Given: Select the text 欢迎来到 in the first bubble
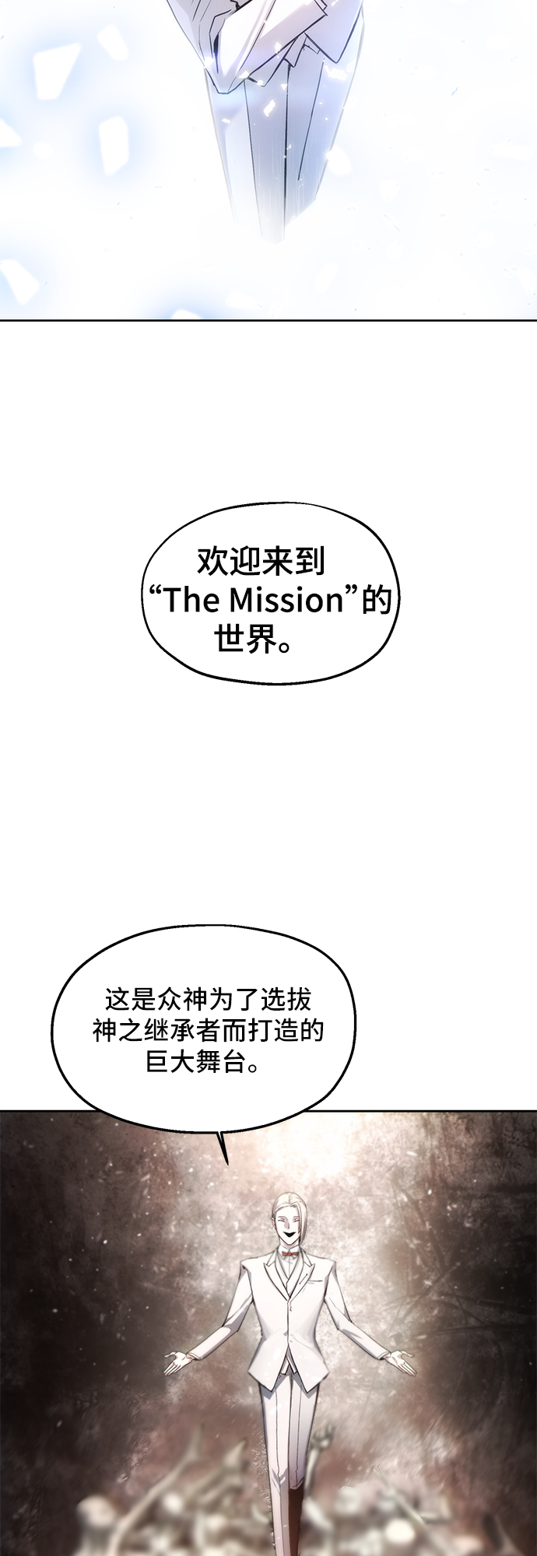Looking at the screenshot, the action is click(x=261, y=560).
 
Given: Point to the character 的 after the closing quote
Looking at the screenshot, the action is click(x=376, y=601).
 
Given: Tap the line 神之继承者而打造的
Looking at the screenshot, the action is click(x=208, y=1031).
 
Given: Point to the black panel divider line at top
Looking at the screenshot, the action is click(x=268, y=320).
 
